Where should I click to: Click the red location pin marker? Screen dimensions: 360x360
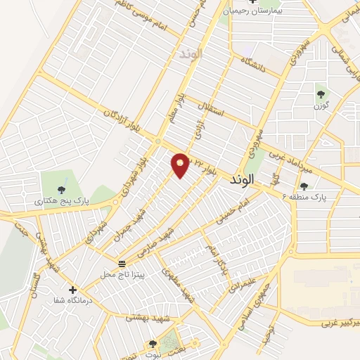click(x=181, y=165)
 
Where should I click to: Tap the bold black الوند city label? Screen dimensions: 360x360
click(x=245, y=181)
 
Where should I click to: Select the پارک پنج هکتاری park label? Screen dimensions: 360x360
click(x=61, y=201)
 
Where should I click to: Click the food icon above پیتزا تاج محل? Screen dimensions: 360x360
click(x=122, y=263)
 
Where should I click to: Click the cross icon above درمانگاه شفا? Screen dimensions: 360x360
click(x=72, y=289)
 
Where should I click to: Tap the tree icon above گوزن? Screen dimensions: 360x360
click(x=321, y=94)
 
